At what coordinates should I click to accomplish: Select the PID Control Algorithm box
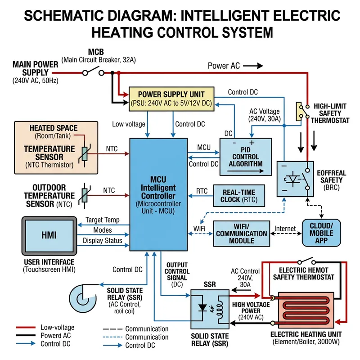(245, 157)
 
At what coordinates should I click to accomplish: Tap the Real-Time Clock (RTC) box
(238, 196)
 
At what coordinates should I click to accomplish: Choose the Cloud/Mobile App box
(321, 233)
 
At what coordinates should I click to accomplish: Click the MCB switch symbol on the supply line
(94, 72)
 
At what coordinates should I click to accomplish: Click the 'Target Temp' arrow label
(102, 220)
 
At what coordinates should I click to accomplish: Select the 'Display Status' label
(102, 241)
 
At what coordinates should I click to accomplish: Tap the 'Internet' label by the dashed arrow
(284, 229)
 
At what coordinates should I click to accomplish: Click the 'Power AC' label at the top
(224, 66)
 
